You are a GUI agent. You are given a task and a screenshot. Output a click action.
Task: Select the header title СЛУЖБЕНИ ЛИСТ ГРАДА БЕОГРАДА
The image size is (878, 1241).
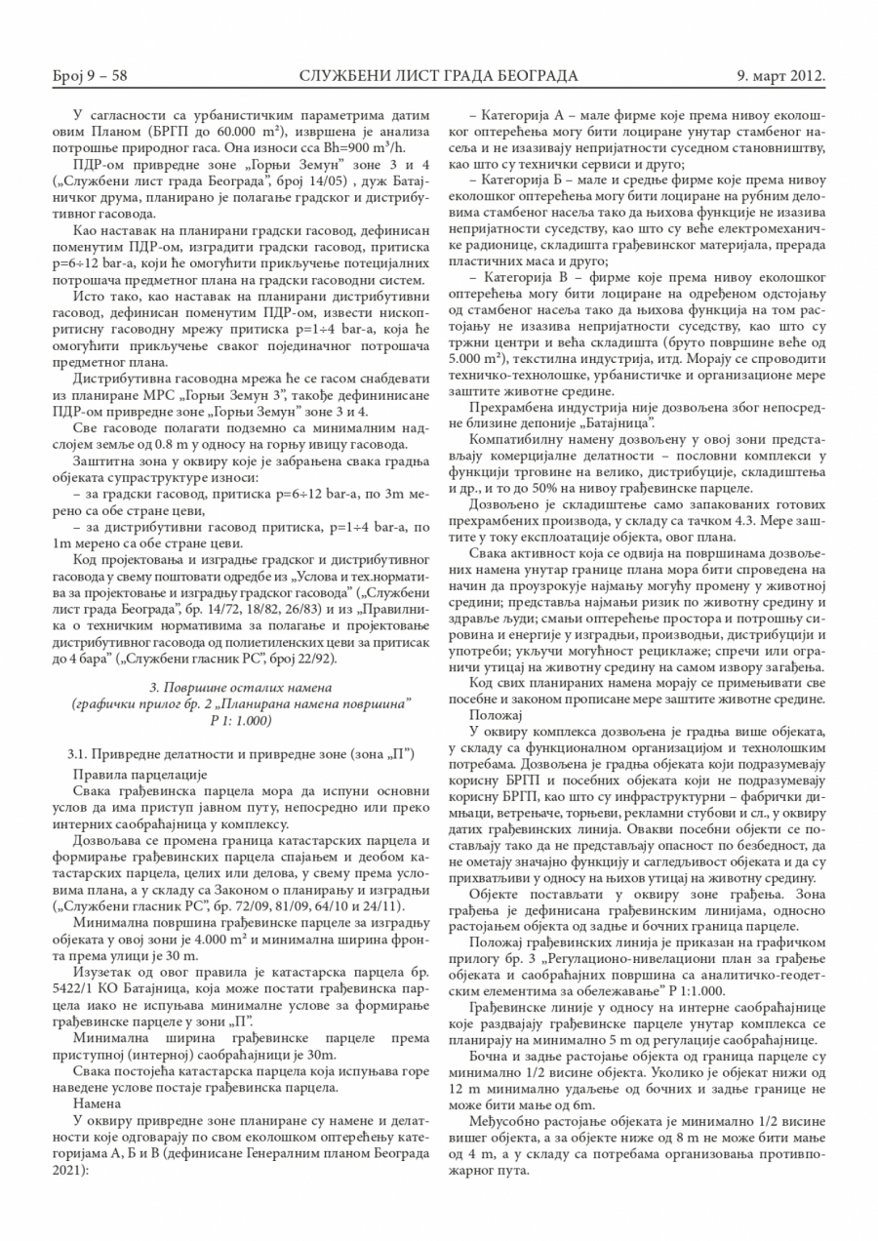click(x=439, y=75)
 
